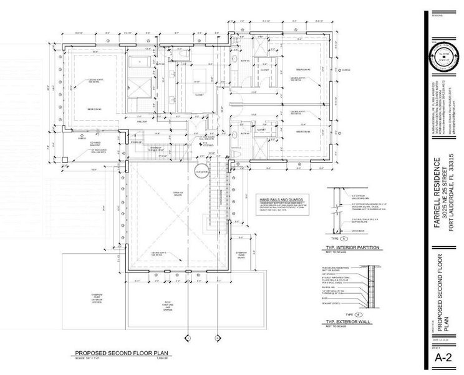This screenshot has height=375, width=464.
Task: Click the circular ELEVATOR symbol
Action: [x=201, y=169]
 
